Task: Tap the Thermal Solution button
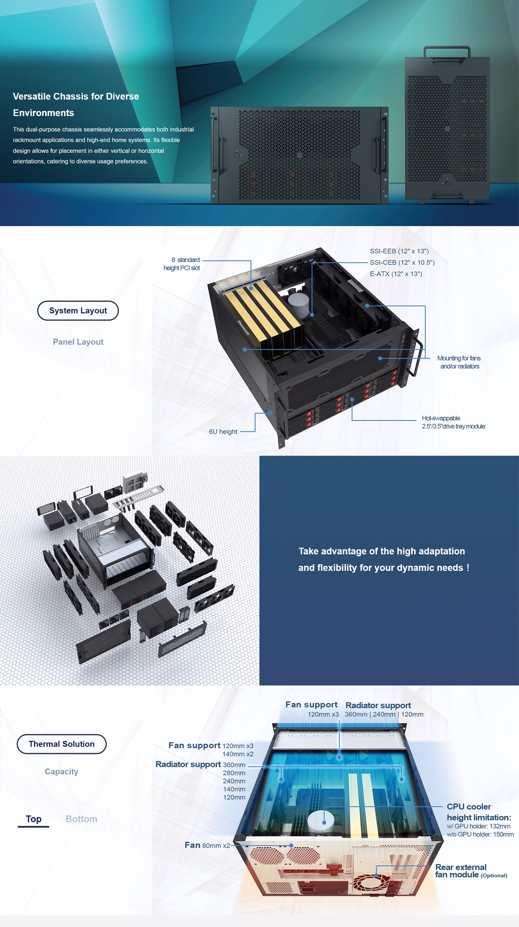point(62,744)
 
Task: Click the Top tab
point(33,819)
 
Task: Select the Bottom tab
point(81,819)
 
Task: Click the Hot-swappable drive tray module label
point(453,422)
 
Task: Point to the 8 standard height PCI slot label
point(182,264)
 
